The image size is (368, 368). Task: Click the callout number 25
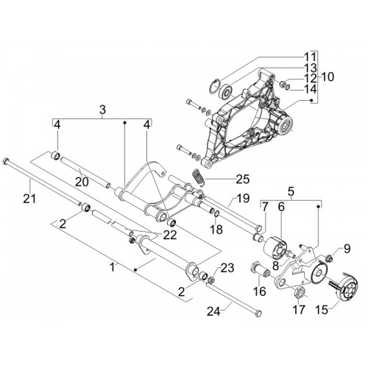[243, 179]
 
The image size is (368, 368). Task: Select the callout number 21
[29, 199]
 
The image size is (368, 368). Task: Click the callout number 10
[328, 77]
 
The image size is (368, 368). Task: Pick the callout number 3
[102, 110]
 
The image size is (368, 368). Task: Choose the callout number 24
[214, 311]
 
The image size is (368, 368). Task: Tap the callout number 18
[216, 230]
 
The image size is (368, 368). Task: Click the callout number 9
[347, 249]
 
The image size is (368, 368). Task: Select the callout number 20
[82, 182]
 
